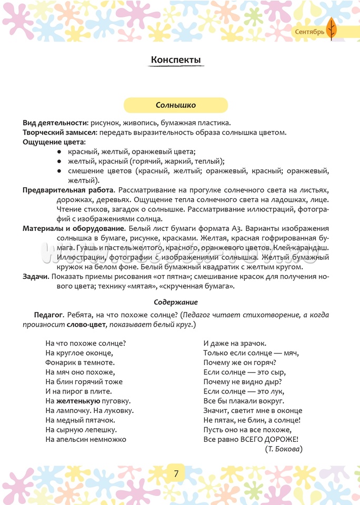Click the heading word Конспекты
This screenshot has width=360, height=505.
coord(176,60)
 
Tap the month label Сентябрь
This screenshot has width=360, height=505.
coord(309,32)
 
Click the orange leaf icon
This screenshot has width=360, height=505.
coord(331,28)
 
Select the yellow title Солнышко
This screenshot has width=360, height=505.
coord(176,105)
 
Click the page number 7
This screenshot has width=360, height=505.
coord(176,473)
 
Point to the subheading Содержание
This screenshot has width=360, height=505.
coord(176,302)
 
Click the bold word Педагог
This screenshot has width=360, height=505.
coord(48,315)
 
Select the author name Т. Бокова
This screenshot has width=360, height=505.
coord(284,449)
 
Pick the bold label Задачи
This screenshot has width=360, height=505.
coord(36,277)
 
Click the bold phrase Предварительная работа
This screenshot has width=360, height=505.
coord(68,190)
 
